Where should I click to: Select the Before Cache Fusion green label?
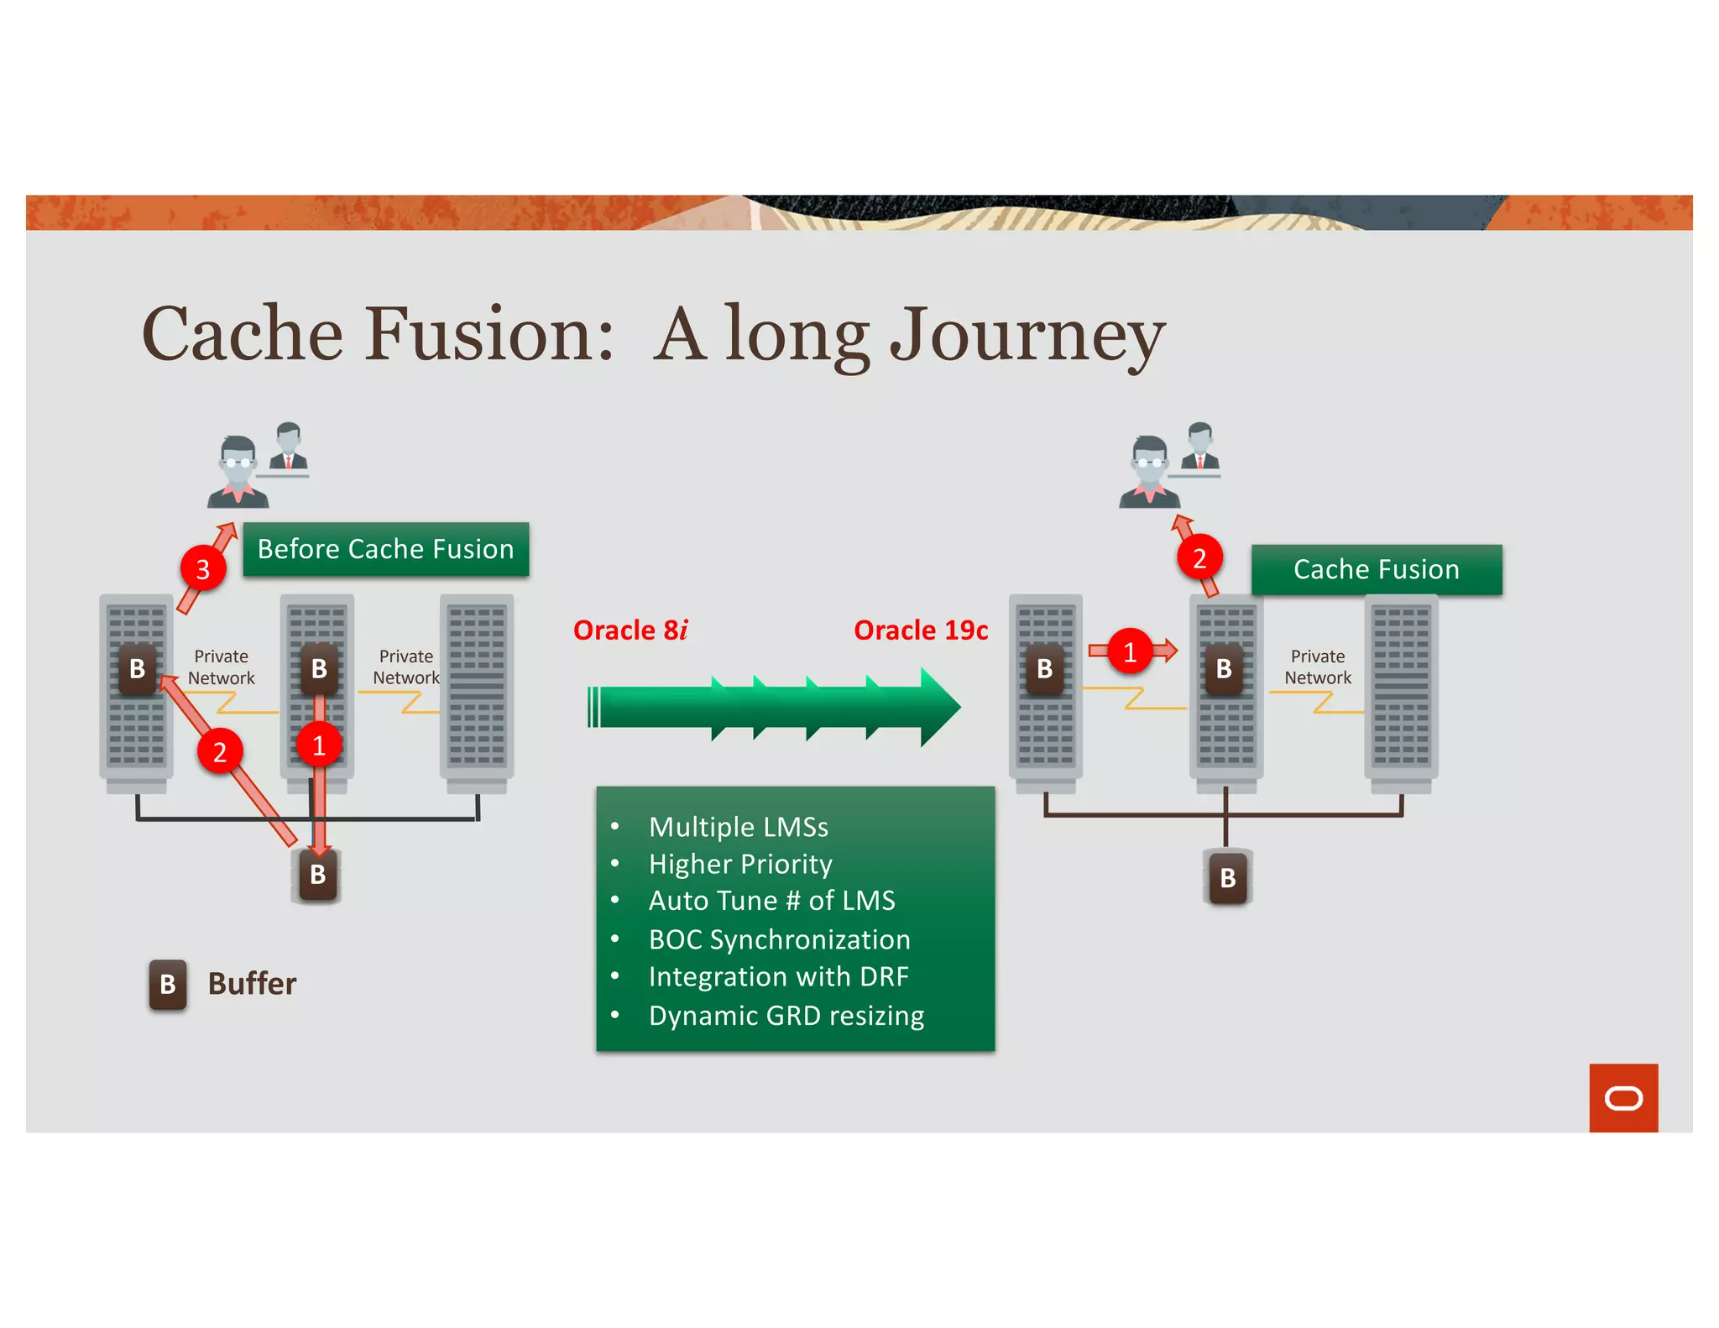pyautogui.click(x=385, y=549)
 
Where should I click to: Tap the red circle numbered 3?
pyautogui.click(x=202, y=569)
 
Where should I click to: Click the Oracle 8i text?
pyautogui.click(x=630, y=630)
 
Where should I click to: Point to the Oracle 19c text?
pyautogui.click(x=921, y=630)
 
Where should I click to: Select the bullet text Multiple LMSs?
pyautogui.click(x=738, y=827)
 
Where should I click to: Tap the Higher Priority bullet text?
pyautogui.click(x=740, y=864)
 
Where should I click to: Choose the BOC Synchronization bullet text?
pyautogui.click(x=779, y=939)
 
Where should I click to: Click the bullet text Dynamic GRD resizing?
pyautogui.click(x=786, y=1016)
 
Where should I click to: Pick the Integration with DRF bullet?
pyautogui.click(x=778, y=977)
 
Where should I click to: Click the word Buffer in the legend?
pyautogui.click(x=252, y=984)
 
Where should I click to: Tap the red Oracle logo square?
pyautogui.click(x=1622, y=1098)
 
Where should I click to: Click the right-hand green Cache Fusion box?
pyautogui.click(x=1376, y=569)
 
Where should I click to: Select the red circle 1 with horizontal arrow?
pyautogui.click(x=1130, y=651)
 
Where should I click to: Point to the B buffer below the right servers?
pyautogui.click(x=1227, y=878)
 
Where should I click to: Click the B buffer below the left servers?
pyautogui.click(x=317, y=875)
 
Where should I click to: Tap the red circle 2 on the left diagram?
pyautogui.click(x=220, y=751)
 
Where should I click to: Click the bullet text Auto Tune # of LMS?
pyautogui.click(x=771, y=901)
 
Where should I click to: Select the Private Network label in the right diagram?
pyautogui.click(x=1317, y=667)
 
